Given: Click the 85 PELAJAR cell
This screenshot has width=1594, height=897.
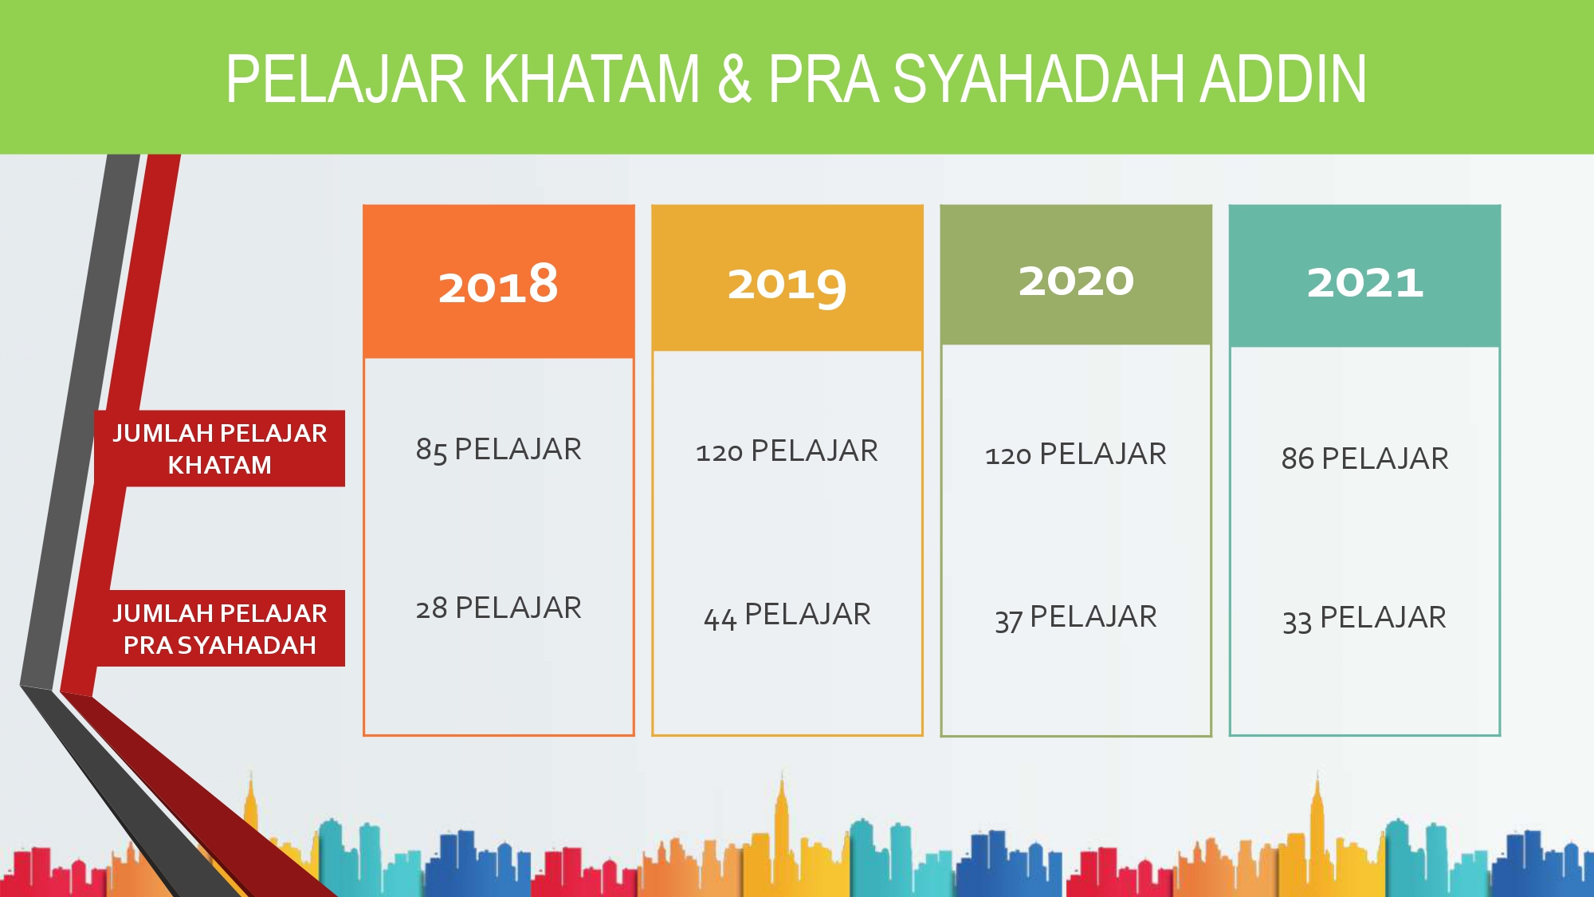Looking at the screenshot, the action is point(498,450).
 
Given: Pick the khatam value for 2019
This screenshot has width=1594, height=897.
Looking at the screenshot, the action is point(787,451).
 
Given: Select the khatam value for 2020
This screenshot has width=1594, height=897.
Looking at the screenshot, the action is point(1076,454).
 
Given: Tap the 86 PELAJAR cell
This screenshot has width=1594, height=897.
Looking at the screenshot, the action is point(1364,458).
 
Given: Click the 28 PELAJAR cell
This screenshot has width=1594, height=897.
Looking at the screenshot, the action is point(498,608).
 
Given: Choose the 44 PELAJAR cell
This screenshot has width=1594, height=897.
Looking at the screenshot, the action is point(787,616).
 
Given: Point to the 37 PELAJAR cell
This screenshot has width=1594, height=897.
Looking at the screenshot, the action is point(1076,618).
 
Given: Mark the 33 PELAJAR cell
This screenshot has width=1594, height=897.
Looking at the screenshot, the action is point(1364,619).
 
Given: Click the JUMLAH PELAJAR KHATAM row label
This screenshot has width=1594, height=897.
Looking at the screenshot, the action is point(219,449).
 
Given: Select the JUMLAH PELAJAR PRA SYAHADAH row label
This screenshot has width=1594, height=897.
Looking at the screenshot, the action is point(219,628).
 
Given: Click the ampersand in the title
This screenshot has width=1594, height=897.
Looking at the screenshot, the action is point(734,79).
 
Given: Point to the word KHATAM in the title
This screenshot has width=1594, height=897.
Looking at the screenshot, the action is point(591,79).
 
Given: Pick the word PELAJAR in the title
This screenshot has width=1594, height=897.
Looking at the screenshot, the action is point(346,79).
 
